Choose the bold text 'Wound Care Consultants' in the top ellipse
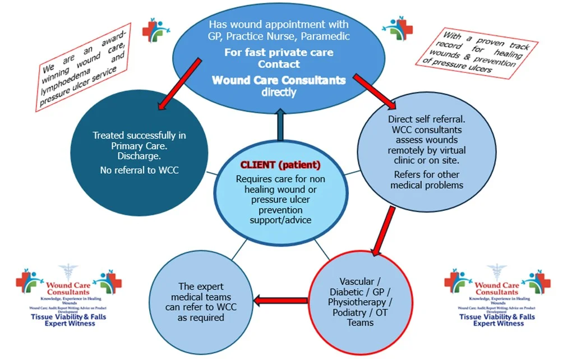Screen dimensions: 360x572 [279, 80]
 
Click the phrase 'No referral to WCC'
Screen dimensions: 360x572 [140, 170]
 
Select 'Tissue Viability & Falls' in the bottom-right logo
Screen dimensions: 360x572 [497, 317]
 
